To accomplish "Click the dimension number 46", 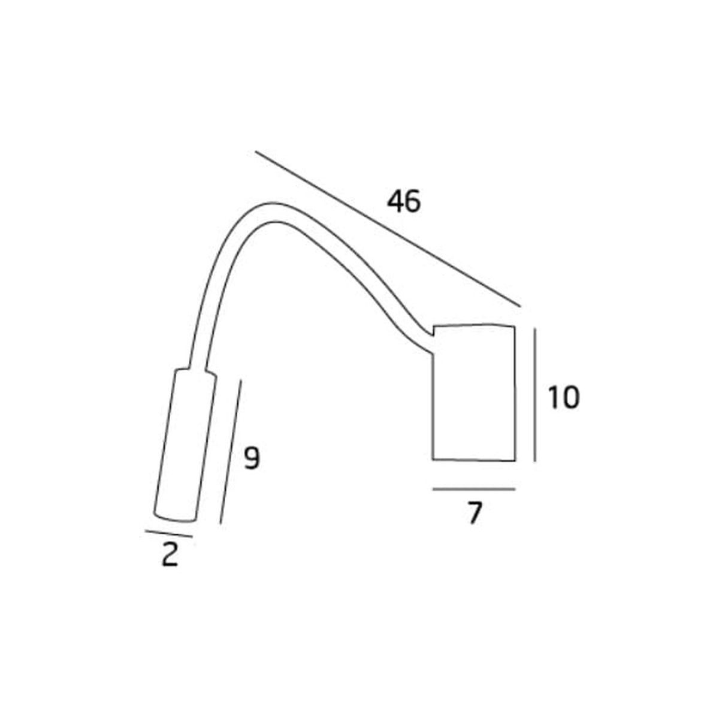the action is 403,201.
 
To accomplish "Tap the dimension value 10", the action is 563,397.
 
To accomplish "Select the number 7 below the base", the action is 474,513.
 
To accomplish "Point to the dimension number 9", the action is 252,458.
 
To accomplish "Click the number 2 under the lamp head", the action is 170,555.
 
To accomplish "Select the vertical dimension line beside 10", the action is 534,395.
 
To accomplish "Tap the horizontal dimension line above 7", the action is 474,489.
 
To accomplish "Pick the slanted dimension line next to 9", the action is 231,452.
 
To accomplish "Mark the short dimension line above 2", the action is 168,534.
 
